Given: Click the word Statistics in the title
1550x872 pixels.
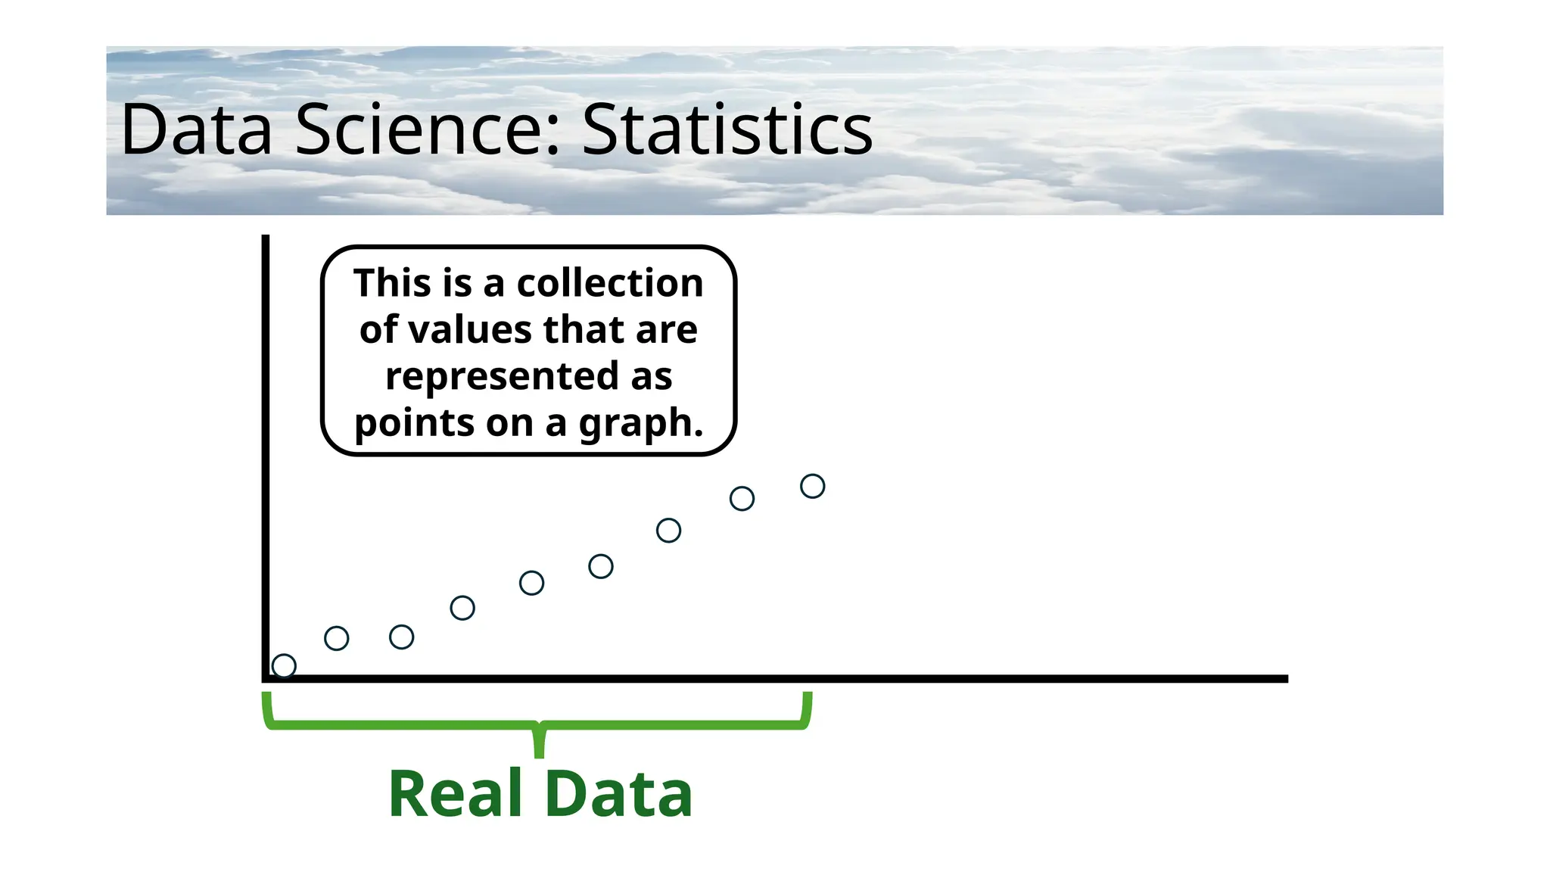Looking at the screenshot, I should pos(727,130).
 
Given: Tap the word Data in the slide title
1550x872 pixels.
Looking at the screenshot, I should pos(196,130).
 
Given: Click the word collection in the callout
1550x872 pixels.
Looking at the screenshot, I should pos(610,283).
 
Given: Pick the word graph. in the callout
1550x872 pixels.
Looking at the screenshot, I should pos(641,423).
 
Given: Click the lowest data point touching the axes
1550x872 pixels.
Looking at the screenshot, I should pos(284,666).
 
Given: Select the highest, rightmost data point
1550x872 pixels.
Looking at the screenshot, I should pos(812,486).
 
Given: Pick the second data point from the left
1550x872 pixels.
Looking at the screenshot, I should pos(337,639).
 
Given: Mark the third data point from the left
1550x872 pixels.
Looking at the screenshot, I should pos(401,637).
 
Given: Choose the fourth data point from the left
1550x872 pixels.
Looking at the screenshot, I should pos(462,608).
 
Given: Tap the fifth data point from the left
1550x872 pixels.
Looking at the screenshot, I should pos(531,583).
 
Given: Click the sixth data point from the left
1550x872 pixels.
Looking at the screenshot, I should pos(601,566).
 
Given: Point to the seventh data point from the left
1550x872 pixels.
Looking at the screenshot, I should pos(668,531).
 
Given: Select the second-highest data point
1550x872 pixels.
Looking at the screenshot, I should pos(742,499).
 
